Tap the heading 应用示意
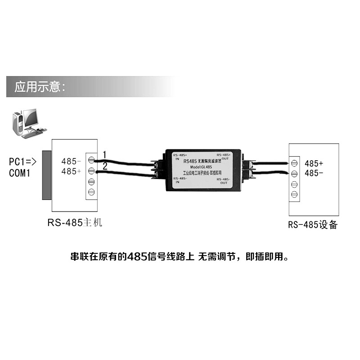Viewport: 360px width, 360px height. (40, 87)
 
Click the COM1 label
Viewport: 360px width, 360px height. (20, 172)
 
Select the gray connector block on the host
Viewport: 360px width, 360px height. (46, 175)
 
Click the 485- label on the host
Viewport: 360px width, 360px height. (71, 161)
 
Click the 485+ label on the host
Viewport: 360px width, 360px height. (71, 171)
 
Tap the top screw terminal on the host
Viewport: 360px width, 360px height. (91, 160)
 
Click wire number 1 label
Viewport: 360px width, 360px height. (104, 154)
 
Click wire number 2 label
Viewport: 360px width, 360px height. (105, 166)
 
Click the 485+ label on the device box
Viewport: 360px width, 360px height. (314, 163)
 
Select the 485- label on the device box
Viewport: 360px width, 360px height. (314, 173)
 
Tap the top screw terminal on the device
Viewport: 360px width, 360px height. (295, 162)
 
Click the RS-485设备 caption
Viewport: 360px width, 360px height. (313, 225)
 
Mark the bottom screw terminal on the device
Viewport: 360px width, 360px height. (295, 194)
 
